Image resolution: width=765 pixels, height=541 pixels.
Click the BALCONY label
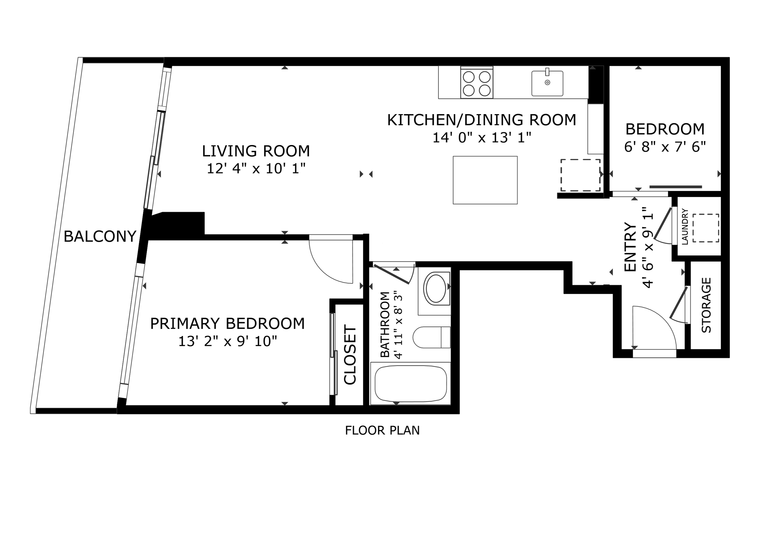pyautogui.click(x=100, y=237)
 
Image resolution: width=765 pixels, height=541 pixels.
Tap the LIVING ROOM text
pyautogui.click(x=256, y=151)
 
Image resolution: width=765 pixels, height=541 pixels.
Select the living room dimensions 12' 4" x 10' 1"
pyautogui.click(x=256, y=169)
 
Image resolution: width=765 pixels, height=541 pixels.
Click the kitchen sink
pyautogui.click(x=547, y=83)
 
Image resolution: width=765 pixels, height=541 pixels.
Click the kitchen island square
pyautogui.click(x=485, y=180)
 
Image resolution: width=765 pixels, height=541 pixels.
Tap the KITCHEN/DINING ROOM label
pyautogui.click(x=481, y=120)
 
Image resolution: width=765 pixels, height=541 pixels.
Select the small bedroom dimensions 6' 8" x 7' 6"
pyautogui.click(x=665, y=147)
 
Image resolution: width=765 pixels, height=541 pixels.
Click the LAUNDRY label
pyautogui.click(x=685, y=226)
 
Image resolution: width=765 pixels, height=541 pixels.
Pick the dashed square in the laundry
pyautogui.click(x=706, y=228)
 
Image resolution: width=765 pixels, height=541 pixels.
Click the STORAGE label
pyautogui.click(x=706, y=305)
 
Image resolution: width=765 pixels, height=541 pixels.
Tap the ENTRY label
pyautogui.click(x=630, y=247)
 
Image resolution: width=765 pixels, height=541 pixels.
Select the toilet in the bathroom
pyautogui.click(x=431, y=337)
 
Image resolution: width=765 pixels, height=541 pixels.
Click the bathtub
pyautogui.click(x=410, y=384)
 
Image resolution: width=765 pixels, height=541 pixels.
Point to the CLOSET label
pyautogui.click(x=350, y=355)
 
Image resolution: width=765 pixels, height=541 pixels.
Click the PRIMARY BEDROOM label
pyautogui.click(x=228, y=324)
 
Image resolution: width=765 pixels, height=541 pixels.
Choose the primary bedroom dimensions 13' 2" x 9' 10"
pyautogui.click(x=228, y=341)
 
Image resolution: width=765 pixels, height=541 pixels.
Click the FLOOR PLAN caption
pyautogui.click(x=382, y=431)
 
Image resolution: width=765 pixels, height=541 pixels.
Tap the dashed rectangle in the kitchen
pyautogui.click(x=580, y=175)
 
